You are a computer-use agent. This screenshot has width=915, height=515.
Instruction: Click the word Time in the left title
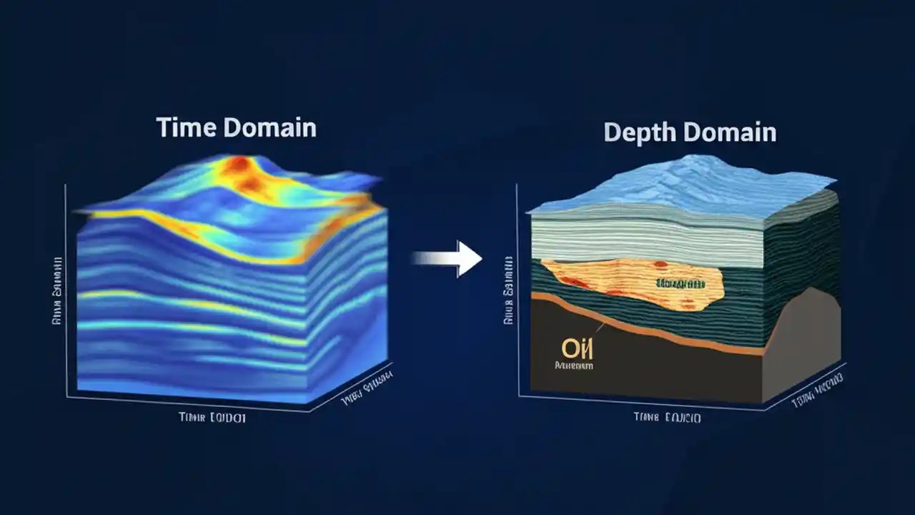pyautogui.click(x=183, y=127)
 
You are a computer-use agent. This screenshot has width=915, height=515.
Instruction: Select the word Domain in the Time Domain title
pyautogui.click(x=269, y=127)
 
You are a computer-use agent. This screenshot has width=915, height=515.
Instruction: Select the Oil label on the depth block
pyautogui.click(x=573, y=349)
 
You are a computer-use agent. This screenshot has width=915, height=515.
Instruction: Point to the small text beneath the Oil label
pyautogui.click(x=574, y=366)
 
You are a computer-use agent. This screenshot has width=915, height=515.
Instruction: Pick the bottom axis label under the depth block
pyautogui.click(x=666, y=417)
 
